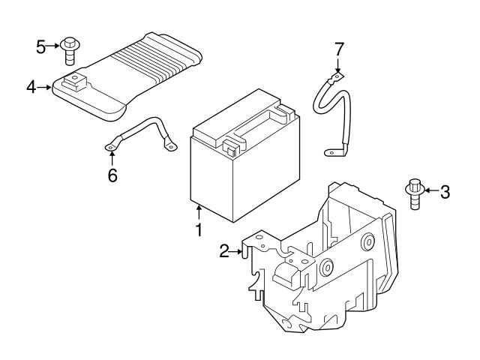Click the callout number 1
click(x=199, y=230)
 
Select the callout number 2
click(x=223, y=252)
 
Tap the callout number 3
click(x=445, y=192)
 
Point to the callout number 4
click(x=31, y=88)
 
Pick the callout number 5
click(x=40, y=46)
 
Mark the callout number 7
click(x=339, y=49)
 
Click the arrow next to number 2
click(x=239, y=252)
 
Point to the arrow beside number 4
click(x=45, y=88)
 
